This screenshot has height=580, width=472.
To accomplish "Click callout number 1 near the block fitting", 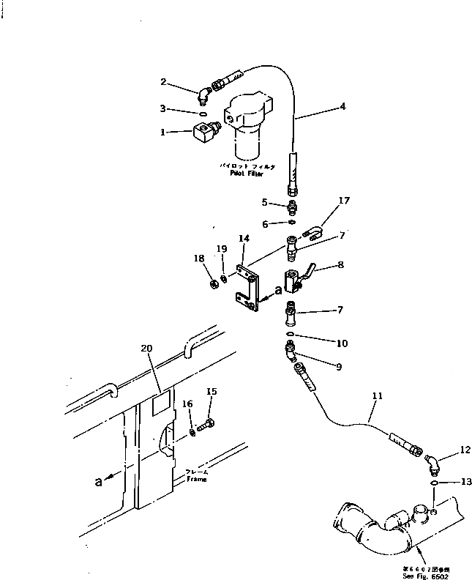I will [x=165, y=133].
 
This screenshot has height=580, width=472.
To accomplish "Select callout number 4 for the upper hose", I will [x=342, y=106].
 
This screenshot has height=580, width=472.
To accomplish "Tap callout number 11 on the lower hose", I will [x=377, y=396].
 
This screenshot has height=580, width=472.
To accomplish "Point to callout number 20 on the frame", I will [x=147, y=349].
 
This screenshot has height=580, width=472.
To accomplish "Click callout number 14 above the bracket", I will [x=244, y=238].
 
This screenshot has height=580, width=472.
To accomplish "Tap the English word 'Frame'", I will [x=195, y=480].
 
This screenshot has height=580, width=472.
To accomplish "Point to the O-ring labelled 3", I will [x=202, y=113].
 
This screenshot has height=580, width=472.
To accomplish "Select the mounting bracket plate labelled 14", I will [x=247, y=293].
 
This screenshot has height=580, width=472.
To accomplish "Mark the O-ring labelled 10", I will [x=291, y=335].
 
